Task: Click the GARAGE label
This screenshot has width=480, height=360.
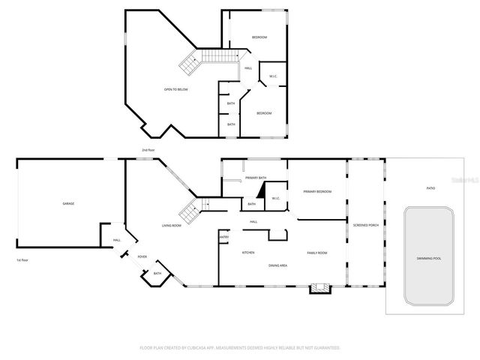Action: pos(68,203)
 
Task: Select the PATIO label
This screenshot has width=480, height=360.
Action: pos(430,187)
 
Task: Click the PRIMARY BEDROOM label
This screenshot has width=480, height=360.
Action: pos(317,192)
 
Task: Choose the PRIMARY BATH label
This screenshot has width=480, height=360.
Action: pos(256,177)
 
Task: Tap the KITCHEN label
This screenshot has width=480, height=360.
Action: pos(247,253)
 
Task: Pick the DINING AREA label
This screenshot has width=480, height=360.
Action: pos(279,265)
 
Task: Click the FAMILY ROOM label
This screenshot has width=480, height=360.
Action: pos(317,253)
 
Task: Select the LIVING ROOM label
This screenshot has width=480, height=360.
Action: pos(172,225)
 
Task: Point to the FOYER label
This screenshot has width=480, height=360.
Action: pos(142,256)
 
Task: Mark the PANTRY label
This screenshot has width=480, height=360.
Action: pos(223,238)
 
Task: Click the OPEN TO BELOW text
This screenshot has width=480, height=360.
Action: pos(176,89)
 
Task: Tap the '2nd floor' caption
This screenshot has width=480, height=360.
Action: pos(148,150)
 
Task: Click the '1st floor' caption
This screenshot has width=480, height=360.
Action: pos(23,260)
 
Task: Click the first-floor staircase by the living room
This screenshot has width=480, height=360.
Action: pos(191,211)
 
